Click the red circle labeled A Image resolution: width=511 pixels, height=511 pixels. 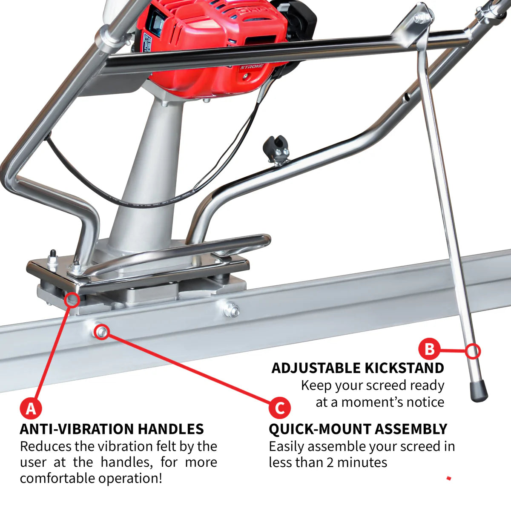click(31, 408)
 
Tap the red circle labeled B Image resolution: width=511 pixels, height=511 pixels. click(429, 349)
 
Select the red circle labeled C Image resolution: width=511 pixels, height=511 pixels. click(279, 408)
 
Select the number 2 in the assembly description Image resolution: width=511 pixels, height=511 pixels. click(331, 462)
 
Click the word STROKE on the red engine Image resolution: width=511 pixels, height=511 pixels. click(252, 67)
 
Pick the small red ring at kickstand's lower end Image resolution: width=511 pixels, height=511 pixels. click(473, 351)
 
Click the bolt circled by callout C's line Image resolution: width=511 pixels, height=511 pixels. click(102, 331)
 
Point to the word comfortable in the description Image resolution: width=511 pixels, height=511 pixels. click(57, 478)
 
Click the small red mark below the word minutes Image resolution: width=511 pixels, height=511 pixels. click(448, 478)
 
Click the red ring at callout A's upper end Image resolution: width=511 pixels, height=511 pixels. click(72, 299)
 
